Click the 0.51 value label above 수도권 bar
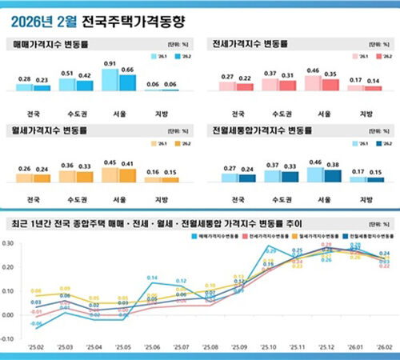pos(69,73)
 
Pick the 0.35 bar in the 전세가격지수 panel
pos(328,83)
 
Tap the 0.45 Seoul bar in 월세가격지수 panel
pos(110,174)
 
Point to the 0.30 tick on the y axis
pos(10,243)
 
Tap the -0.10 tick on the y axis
pos(10,338)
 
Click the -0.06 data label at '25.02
pos(35,324)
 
